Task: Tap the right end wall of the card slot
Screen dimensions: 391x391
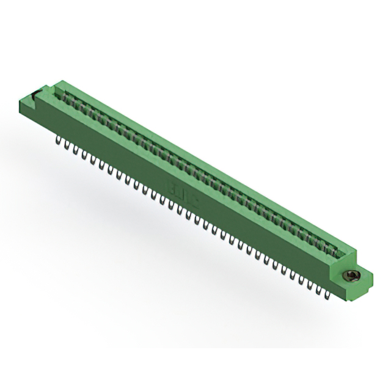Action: (x=346, y=250)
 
